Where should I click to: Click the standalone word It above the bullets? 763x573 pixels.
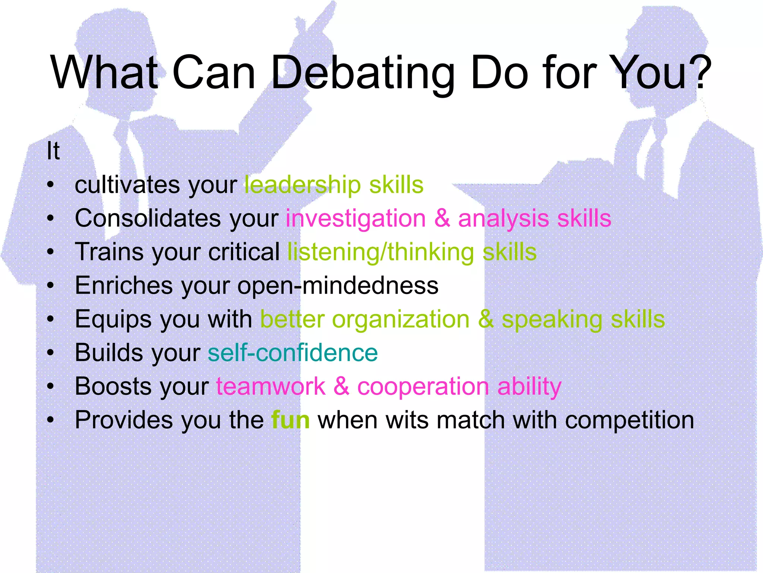coord(53,151)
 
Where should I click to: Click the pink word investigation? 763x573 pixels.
coord(355,219)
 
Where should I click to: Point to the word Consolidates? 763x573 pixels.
coord(148,219)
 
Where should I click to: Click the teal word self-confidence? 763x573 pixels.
coord(292,353)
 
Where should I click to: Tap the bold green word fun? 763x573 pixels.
coord(290,420)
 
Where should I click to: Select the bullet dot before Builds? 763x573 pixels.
coord(51,353)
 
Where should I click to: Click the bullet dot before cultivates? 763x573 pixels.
coord(51,185)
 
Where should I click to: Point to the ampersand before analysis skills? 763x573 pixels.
coord(442,218)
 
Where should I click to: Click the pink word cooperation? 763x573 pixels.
coord(423,386)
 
